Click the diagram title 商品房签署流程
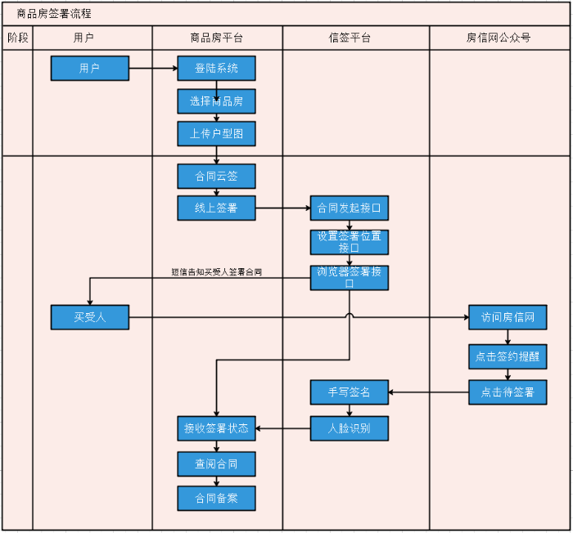(54, 14)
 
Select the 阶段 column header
(17, 38)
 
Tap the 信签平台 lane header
(350, 38)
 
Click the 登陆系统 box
(216, 69)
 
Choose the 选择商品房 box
(216, 101)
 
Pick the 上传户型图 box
(216, 134)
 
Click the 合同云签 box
(216, 177)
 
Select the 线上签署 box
(216, 208)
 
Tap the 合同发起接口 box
(349, 208)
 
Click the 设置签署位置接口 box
(349, 242)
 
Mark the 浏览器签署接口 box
(349, 278)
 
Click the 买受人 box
(90, 317)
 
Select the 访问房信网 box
(508, 317)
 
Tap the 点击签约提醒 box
(508, 356)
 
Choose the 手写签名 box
(349, 392)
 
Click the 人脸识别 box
(349, 428)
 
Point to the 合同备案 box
(216, 499)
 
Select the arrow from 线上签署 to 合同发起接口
(282, 208)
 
